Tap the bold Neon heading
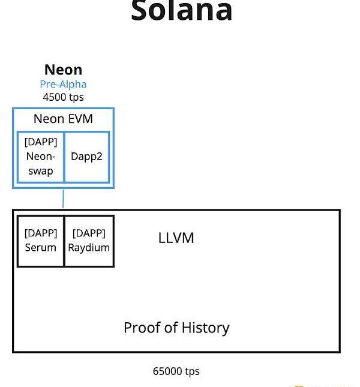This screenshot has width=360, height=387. click(x=63, y=70)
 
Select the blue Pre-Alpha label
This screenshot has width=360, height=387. click(x=63, y=84)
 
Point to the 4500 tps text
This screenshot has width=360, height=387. click(x=63, y=97)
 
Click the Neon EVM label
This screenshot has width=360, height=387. click(x=63, y=119)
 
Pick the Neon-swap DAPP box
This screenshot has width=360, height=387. click(x=41, y=157)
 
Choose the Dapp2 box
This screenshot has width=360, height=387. click(x=86, y=157)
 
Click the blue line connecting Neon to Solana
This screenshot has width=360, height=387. click(x=63, y=199)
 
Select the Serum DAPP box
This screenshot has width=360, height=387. click(x=41, y=241)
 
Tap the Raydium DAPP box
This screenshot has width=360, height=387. click(x=89, y=241)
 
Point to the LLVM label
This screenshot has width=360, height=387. click(x=176, y=238)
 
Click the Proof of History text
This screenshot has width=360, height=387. click(x=176, y=328)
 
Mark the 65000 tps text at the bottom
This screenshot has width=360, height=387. click(x=176, y=371)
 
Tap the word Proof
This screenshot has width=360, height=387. click(x=141, y=328)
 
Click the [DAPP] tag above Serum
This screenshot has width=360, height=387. click(x=41, y=233)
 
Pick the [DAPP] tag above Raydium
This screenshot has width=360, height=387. click(x=89, y=233)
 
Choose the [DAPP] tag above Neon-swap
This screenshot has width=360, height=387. click(x=41, y=142)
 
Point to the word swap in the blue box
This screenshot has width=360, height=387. click(x=41, y=171)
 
